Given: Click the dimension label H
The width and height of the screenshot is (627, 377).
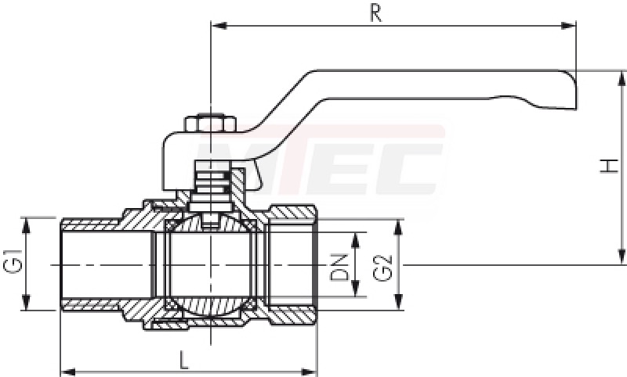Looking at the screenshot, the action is pyautogui.click(x=609, y=166).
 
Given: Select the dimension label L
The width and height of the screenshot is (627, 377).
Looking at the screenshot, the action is pyautogui.click(x=184, y=360).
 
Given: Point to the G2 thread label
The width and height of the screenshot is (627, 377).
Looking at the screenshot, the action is pyautogui.click(x=382, y=268).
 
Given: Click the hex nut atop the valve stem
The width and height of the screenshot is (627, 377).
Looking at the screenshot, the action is pyautogui.click(x=210, y=124).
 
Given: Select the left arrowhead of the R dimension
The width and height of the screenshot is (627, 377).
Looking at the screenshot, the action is pyautogui.click(x=219, y=26).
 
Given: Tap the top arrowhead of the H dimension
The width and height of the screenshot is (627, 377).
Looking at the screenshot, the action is pyautogui.click(x=622, y=78).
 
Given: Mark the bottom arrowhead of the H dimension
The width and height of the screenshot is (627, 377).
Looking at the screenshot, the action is pyautogui.click(x=622, y=257).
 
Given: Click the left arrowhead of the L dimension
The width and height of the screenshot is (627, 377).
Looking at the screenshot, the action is pyautogui.click(x=68, y=372).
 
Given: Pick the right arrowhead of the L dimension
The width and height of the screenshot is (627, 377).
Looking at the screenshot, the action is pyautogui.click(x=309, y=372).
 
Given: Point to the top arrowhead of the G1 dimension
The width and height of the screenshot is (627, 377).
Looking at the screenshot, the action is pyautogui.click(x=26, y=226).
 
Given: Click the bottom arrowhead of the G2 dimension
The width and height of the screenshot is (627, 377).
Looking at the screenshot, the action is pyautogui.click(x=398, y=302).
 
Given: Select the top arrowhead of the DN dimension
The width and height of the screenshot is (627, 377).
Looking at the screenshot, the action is pyautogui.click(x=355, y=240).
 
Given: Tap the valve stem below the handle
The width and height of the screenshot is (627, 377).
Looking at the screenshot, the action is pyautogui.click(x=210, y=185).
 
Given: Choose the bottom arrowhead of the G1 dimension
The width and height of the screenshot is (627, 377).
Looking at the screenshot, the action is pyautogui.click(x=26, y=302).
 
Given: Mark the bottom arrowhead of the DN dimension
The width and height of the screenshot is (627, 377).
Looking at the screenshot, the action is pyautogui.click(x=355, y=289).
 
